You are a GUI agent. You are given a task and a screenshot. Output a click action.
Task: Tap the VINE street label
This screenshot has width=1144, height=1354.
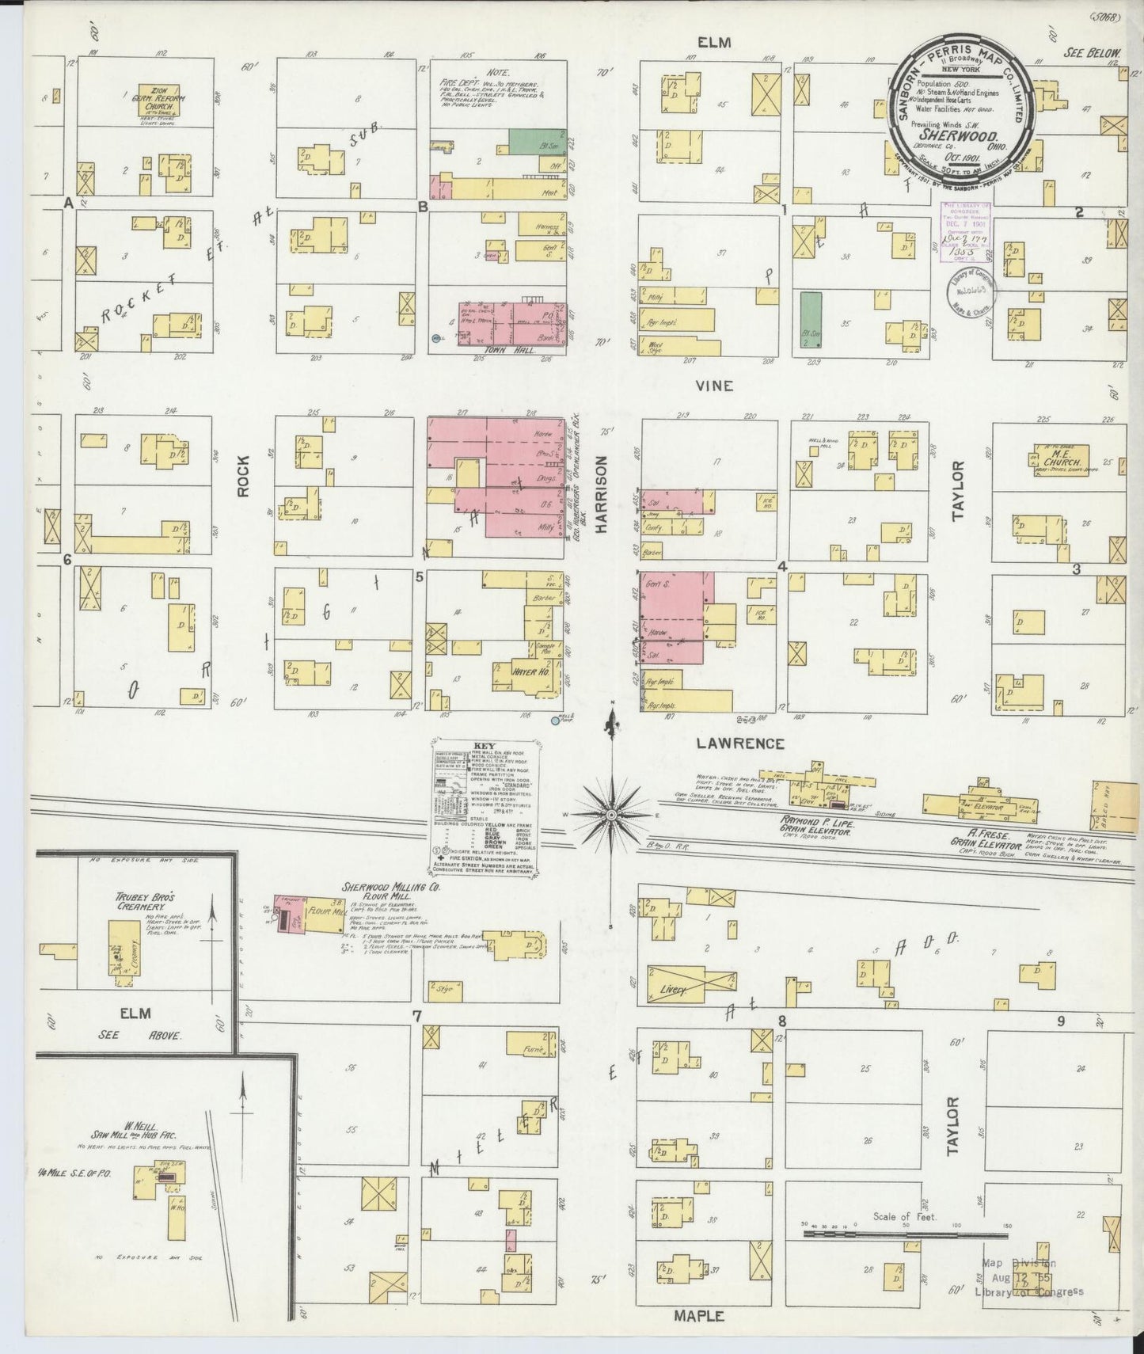click(x=714, y=386)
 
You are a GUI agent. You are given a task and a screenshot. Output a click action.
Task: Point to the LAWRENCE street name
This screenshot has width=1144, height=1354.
click(x=742, y=744)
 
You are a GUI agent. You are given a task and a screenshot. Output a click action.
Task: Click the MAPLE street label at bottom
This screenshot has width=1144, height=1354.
click(x=699, y=1316)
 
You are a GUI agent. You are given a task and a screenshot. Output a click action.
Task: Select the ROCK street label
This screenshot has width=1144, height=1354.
click(x=242, y=475)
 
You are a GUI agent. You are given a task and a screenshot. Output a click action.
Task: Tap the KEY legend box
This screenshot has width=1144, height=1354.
click(x=485, y=800)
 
